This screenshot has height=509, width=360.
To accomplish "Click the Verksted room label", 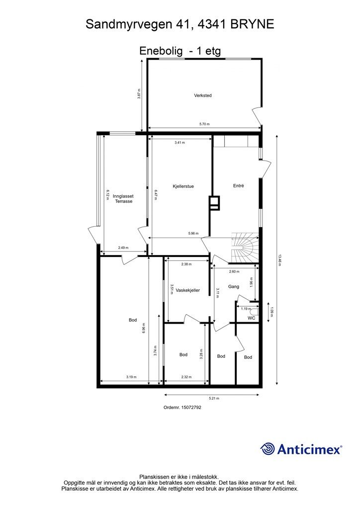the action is click(x=203, y=95).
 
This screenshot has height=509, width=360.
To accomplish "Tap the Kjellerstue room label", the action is click(x=183, y=186).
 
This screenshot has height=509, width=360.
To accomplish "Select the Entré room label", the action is click(x=239, y=186).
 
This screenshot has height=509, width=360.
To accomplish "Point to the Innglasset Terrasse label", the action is click(x=123, y=199).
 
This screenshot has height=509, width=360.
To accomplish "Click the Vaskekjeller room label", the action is click(x=187, y=290).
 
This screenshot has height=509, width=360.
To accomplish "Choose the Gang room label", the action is click(x=234, y=286).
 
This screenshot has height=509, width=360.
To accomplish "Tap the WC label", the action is click(x=252, y=318).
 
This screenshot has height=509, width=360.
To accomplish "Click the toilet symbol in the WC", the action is click(x=255, y=312).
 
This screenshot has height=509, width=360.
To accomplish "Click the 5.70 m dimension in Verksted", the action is click(x=204, y=124).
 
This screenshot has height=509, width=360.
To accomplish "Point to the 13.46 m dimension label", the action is click(x=279, y=260).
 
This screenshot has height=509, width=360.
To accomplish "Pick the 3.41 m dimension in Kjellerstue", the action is click(x=180, y=143).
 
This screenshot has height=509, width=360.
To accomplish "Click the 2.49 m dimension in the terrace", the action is click(x=123, y=248).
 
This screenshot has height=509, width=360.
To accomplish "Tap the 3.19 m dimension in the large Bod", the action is click(x=131, y=377).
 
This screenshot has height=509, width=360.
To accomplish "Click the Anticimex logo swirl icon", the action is click(x=268, y=449).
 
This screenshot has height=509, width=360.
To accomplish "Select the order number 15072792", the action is click(x=191, y=408).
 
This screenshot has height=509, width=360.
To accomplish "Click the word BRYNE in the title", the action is click(x=252, y=24).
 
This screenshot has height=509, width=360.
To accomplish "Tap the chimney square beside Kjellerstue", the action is click(x=215, y=203).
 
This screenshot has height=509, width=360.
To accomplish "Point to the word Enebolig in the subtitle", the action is click(x=161, y=51).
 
